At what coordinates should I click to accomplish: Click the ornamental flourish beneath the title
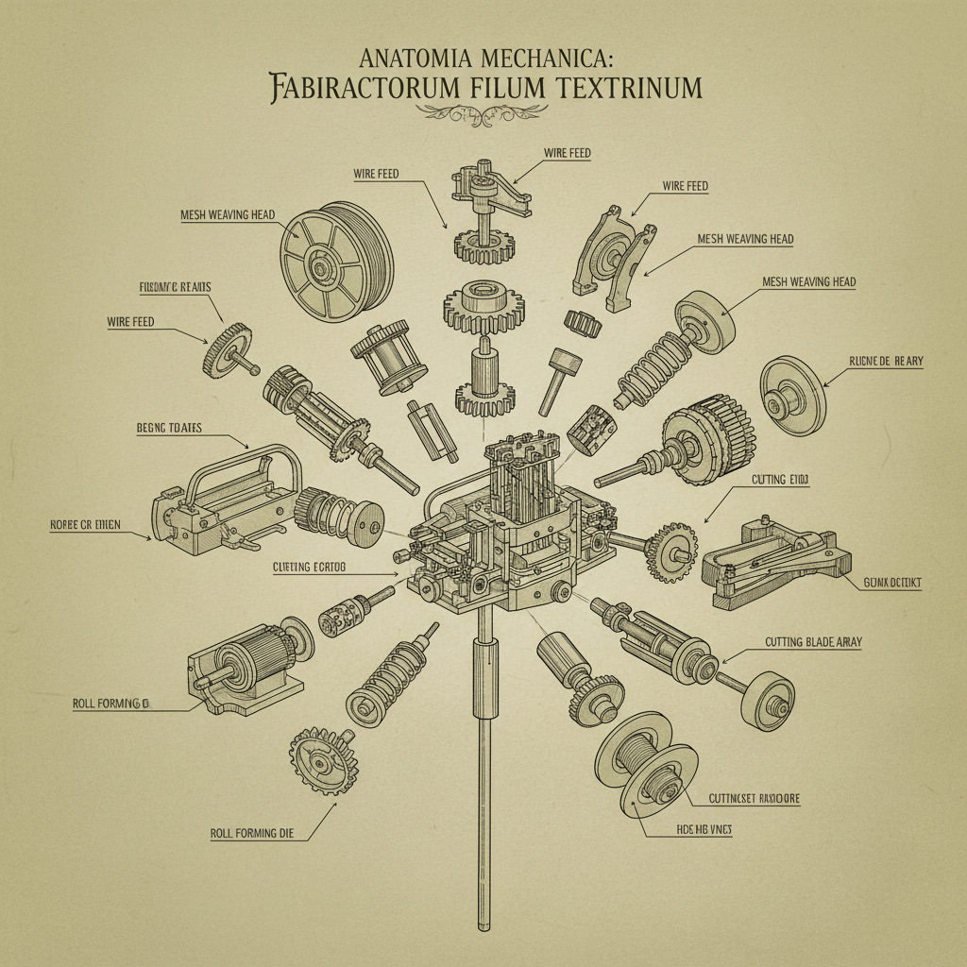483,113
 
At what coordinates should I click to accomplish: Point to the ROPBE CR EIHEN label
85,525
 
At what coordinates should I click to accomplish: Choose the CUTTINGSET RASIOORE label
754,798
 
